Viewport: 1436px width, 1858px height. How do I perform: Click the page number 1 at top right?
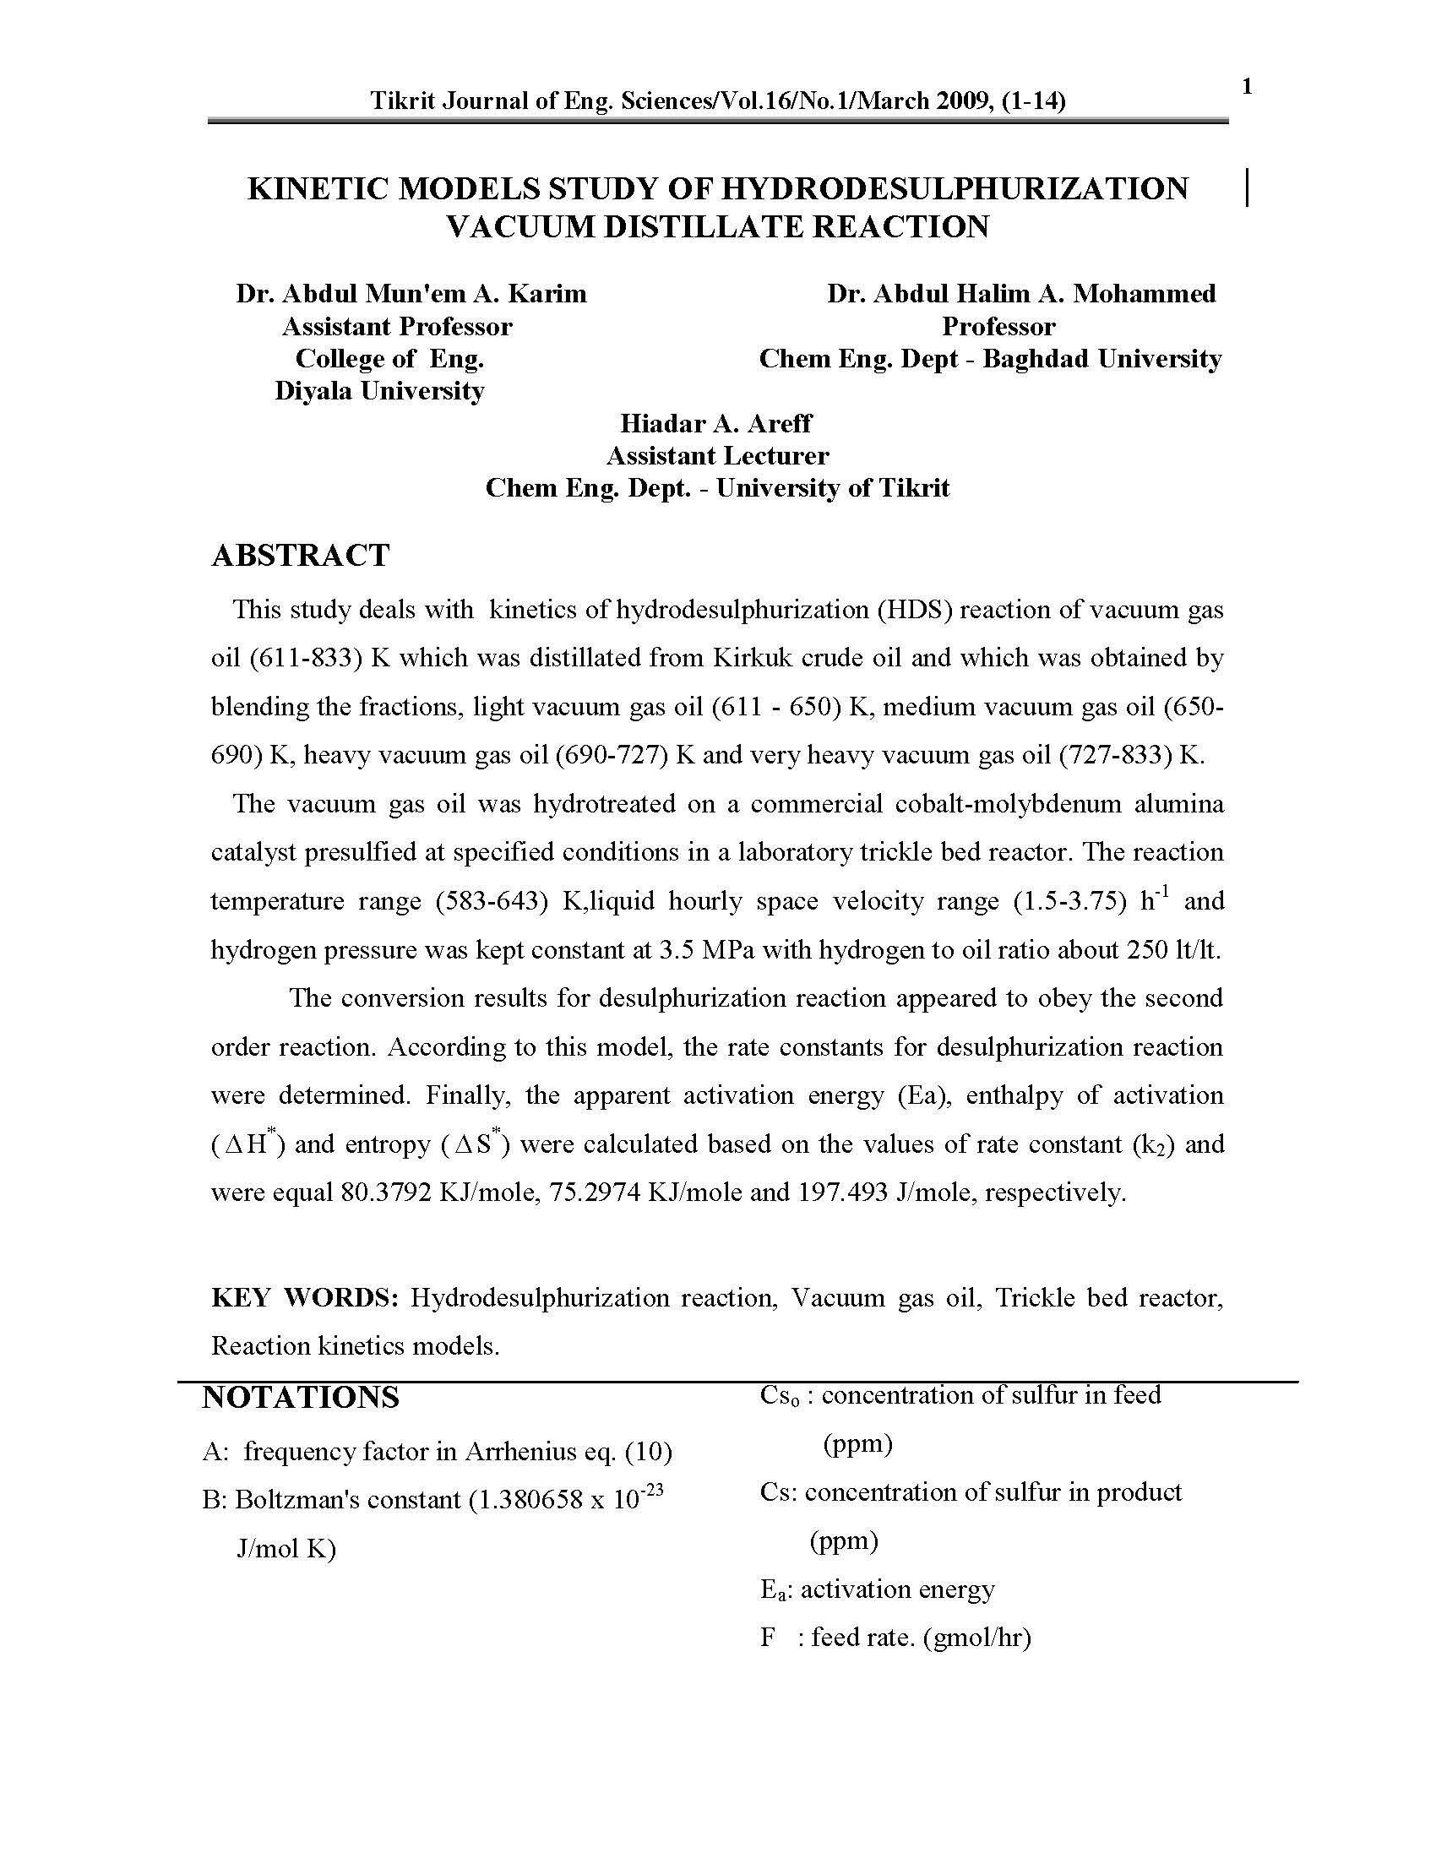(1247, 87)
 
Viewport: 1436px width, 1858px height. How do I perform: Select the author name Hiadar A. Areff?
(715, 424)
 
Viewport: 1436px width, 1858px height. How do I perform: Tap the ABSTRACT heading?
(301, 556)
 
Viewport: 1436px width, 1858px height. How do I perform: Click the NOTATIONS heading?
(301, 1421)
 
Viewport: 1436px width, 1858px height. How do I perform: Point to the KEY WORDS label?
(305, 1297)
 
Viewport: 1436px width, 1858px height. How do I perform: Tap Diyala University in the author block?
(379, 391)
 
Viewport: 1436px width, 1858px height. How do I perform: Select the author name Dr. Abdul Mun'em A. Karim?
(411, 295)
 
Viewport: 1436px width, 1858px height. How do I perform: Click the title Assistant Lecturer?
(717, 456)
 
